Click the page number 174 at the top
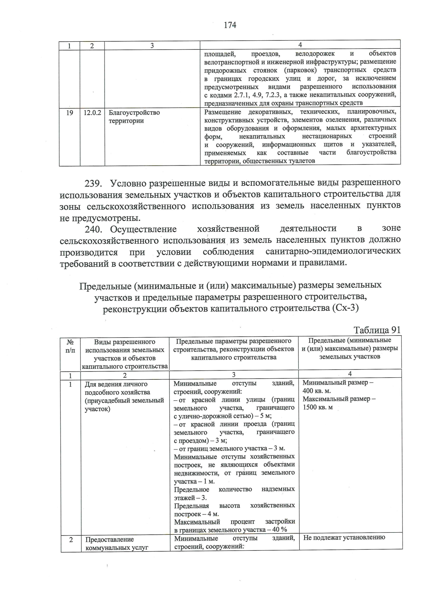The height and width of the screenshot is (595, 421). click(x=230, y=25)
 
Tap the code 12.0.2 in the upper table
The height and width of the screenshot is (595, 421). click(x=92, y=113)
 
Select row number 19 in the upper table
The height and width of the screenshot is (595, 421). click(x=69, y=113)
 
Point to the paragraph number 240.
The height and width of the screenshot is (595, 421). click(x=95, y=230)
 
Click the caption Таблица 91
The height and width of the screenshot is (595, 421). click(x=377, y=330)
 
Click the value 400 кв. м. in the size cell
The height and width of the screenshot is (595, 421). click(x=316, y=391)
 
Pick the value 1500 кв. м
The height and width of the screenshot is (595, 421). click(x=318, y=407)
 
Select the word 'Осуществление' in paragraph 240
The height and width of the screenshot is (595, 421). click(x=143, y=230)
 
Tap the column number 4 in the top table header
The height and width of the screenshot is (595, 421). click(x=300, y=45)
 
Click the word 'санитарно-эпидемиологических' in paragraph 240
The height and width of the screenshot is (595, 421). click(x=333, y=252)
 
